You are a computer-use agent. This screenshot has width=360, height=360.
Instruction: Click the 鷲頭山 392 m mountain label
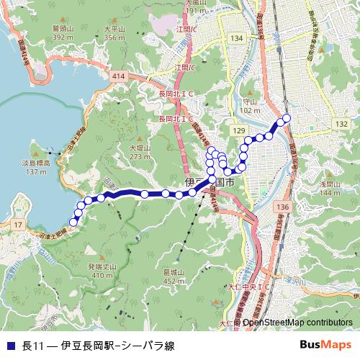pyautogui.click(x=63, y=33)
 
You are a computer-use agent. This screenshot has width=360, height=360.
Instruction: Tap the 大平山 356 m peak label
pyautogui.click(x=115, y=33)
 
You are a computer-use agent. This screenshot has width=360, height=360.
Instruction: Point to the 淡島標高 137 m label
pyautogui.click(x=35, y=168)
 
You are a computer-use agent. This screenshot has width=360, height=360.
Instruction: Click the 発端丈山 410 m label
pyautogui.click(x=102, y=271)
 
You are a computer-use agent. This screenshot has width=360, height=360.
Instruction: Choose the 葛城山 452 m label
pyautogui.click(x=174, y=276)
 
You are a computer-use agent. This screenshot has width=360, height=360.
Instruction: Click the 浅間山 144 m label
pyautogui.click(x=329, y=188)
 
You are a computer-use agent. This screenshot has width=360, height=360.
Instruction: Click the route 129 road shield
pyautogui.click(x=238, y=127)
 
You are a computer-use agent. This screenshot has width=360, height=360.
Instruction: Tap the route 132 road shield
pyautogui.click(x=341, y=125)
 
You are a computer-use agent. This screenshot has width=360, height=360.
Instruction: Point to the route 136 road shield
pyautogui.click(x=282, y=207)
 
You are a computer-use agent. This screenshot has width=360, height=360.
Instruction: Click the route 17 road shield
pyautogui.click(x=17, y=225)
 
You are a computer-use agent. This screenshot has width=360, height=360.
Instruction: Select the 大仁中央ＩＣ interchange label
pyautogui.click(x=248, y=286)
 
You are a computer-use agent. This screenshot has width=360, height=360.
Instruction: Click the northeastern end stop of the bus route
pyautogui.click(x=287, y=118)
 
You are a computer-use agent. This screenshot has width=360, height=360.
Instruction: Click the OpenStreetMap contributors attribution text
pyautogui.click(x=297, y=323)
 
